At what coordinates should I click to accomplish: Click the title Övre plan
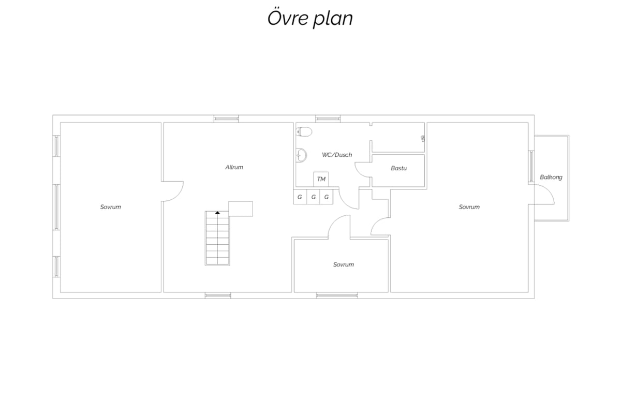[x=310, y=19]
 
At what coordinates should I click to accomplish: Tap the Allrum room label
[x=234, y=167]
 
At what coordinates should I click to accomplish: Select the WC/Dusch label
[x=337, y=155]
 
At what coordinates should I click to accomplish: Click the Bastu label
[x=398, y=168]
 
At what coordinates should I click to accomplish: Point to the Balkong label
[x=551, y=177]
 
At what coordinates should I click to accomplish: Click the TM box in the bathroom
[x=321, y=179]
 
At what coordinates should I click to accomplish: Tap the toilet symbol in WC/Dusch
[x=304, y=132]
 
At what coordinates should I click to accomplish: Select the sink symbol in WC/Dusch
[x=301, y=155]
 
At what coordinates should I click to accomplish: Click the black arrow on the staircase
[x=217, y=213]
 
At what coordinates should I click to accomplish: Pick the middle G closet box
[x=313, y=197]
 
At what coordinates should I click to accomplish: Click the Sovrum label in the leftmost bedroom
[x=111, y=207]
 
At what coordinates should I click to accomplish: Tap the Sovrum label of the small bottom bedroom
[x=344, y=264]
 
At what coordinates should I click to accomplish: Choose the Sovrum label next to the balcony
[x=469, y=207]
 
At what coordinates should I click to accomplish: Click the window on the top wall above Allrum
[x=226, y=119]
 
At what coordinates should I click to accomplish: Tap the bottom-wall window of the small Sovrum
[x=337, y=295]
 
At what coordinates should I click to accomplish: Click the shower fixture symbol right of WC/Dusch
[x=423, y=138]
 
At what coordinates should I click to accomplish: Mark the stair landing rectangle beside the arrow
[x=240, y=209]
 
